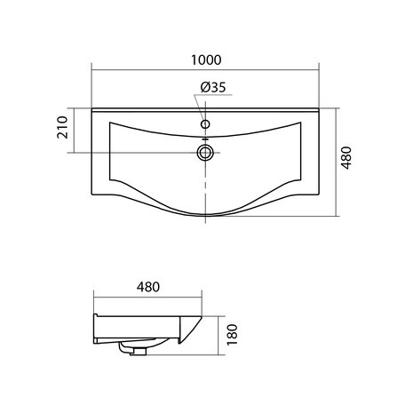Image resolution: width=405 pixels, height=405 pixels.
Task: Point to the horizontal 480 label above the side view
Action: [x=148, y=288]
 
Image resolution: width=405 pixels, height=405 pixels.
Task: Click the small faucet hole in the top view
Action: [x=205, y=125]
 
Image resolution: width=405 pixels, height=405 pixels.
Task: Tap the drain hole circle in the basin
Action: [x=205, y=152]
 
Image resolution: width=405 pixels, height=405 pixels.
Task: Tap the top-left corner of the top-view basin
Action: [x=93, y=109]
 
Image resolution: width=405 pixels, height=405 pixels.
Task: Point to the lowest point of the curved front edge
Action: [x=205, y=215]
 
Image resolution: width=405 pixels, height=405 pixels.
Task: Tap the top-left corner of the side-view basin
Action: [x=94, y=314]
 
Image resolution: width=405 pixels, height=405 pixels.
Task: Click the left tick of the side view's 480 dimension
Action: [x=94, y=298]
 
